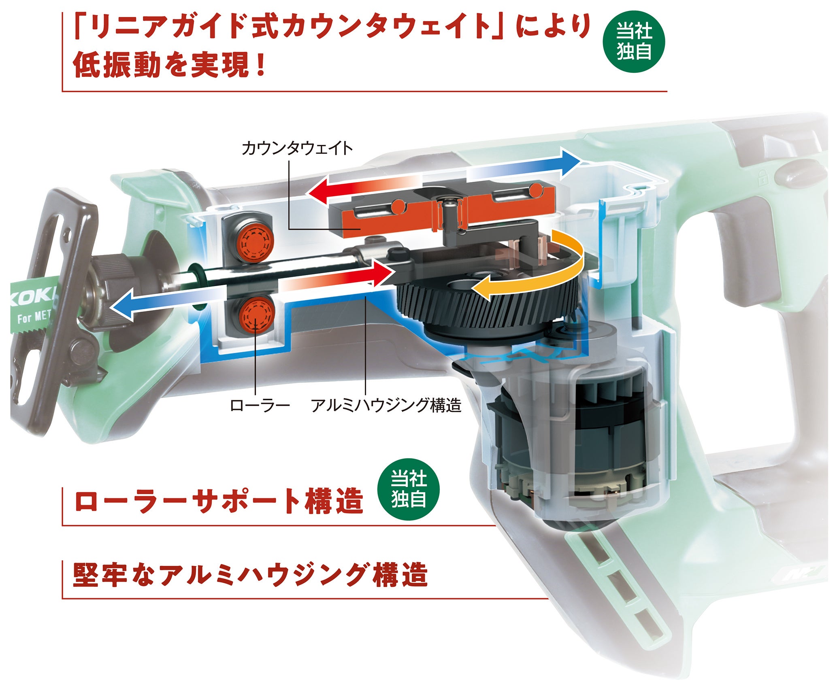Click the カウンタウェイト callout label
[x=297, y=149]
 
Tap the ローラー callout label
[x=260, y=405]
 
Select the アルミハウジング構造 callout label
[x=386, y=405]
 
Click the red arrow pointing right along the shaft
[x=340, y=276]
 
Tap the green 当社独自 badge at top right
[x=634, y=41]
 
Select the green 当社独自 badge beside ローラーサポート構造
[x=408, y=489]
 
